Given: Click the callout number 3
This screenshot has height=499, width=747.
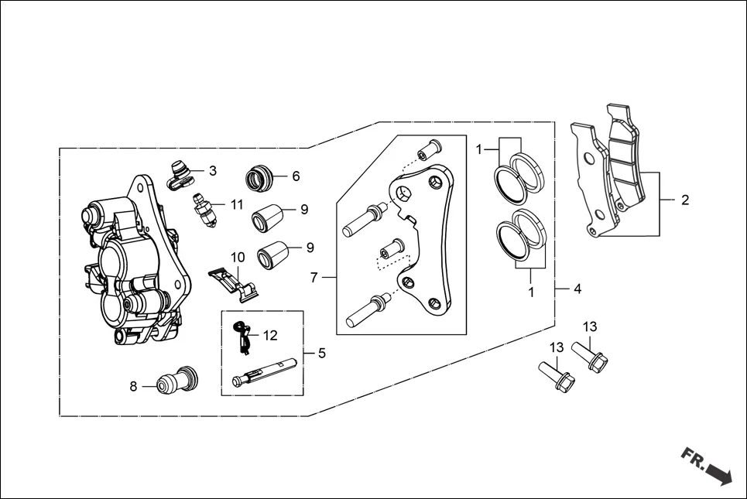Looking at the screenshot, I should pyautogui.click(x=213, y=171).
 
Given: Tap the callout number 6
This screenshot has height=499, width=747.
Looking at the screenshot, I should pyautogui.click(x=296, y=176).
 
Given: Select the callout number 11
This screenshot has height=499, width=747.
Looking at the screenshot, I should pyautogui.click(x=237, y=204).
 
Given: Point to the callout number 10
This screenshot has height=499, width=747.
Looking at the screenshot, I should pyautogui.click(x=238, y=257).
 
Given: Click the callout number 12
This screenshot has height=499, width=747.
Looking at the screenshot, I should pyautogui.click(x=269, y=336).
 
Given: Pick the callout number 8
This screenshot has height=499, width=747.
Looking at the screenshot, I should pyautogui.click(x=133, y=386).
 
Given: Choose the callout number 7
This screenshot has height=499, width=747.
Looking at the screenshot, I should pyautogui.click(x=314, y=278).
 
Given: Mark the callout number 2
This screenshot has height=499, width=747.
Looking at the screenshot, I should pyautogui.click(x=685, y=200).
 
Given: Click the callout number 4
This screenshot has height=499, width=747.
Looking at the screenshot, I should pyautogui.click(x=577, y=289).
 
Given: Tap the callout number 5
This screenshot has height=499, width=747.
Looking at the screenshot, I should pyautogui.click(x=321, y=353).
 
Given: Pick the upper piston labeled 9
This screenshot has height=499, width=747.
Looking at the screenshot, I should pyautogui.click(x=268, y=214).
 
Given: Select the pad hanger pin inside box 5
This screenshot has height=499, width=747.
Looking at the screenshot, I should pyautogui.click(x=263, y=373).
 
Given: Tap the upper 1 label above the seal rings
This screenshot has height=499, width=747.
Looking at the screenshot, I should pyautogui.click(x=480, y=149).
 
